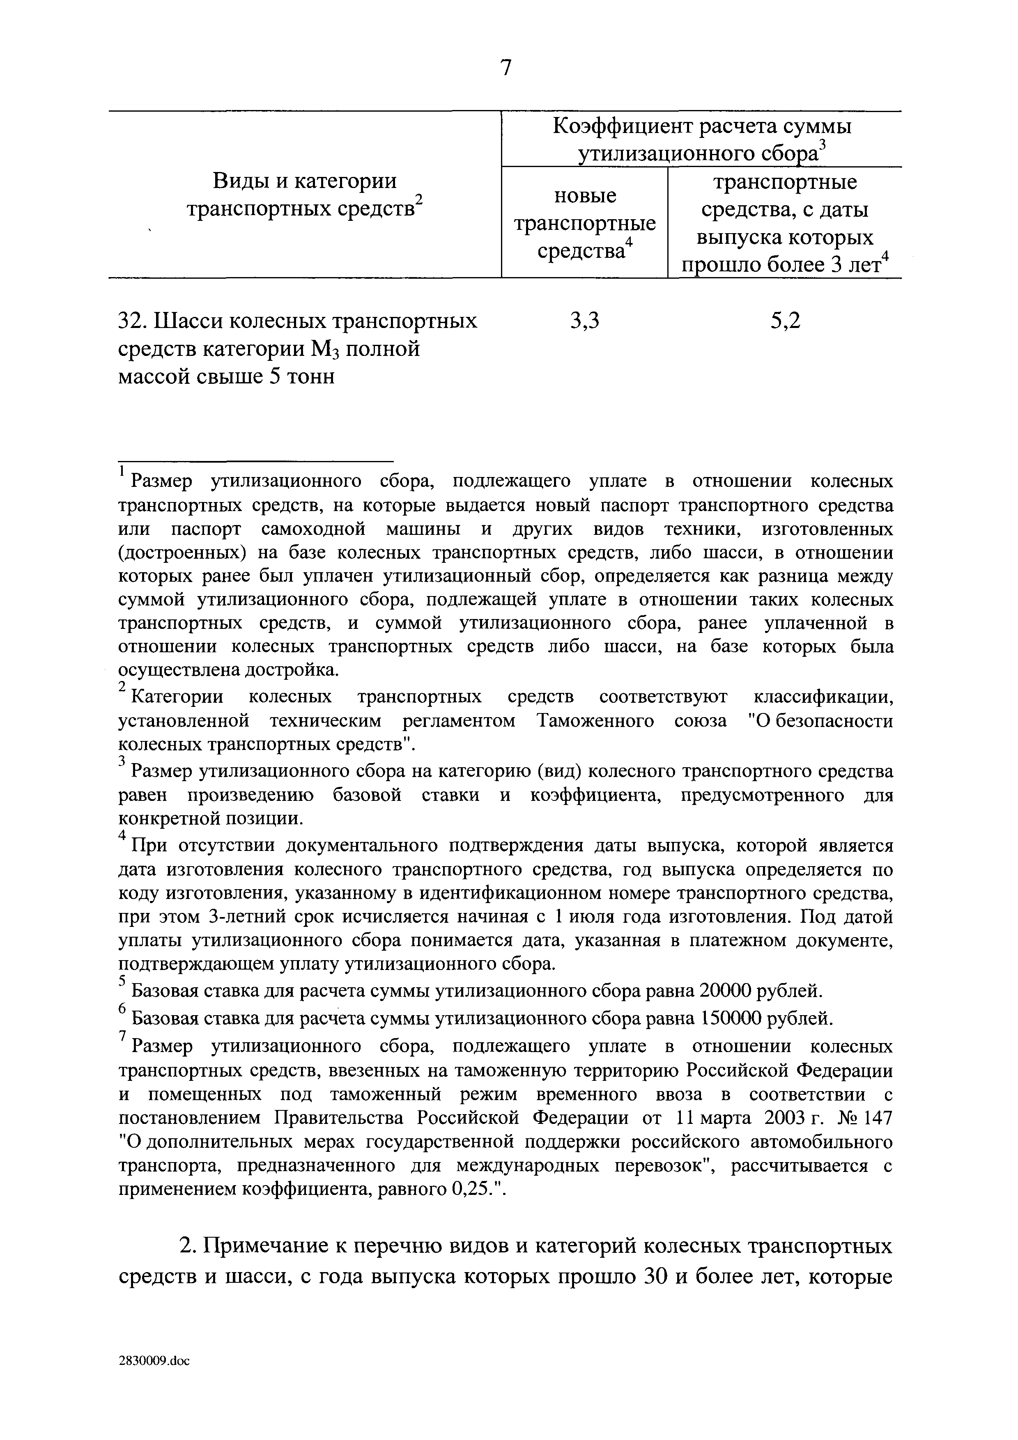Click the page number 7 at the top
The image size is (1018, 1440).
pyautogui.click(x=506, y=68)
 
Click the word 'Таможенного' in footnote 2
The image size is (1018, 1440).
pyautogui.click(x=595, y=721)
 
